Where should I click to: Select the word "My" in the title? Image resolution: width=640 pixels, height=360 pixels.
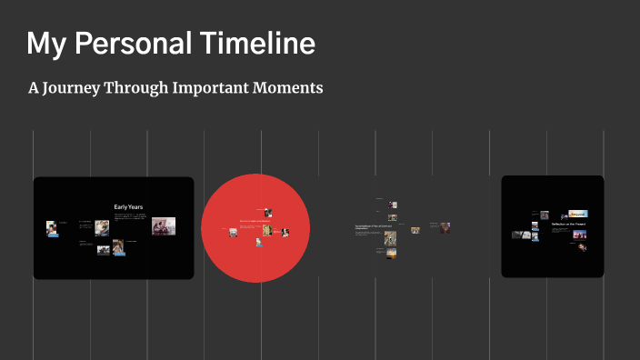click(45, 43)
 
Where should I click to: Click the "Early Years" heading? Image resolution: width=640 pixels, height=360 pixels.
click(128, 206)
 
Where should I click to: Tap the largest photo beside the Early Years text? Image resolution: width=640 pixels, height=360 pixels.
click(163, 226)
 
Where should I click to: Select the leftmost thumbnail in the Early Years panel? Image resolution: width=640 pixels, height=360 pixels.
click(53, 227)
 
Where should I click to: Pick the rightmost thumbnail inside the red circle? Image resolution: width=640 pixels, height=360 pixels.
click(285, 233)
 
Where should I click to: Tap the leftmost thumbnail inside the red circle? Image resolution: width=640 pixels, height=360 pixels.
click(233, 233)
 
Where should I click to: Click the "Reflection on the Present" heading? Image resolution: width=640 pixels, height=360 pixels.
click(569, 224)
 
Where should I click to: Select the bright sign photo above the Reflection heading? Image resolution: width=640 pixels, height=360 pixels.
click(578, 215)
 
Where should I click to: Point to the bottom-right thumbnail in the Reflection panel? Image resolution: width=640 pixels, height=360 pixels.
click(581, 246)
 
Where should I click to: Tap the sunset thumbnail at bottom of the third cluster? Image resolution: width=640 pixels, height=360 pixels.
click(391, 254)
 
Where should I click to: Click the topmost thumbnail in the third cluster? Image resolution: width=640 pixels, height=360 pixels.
click(392, 205)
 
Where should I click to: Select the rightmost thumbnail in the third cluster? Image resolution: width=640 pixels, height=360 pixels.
click(445, 227)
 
